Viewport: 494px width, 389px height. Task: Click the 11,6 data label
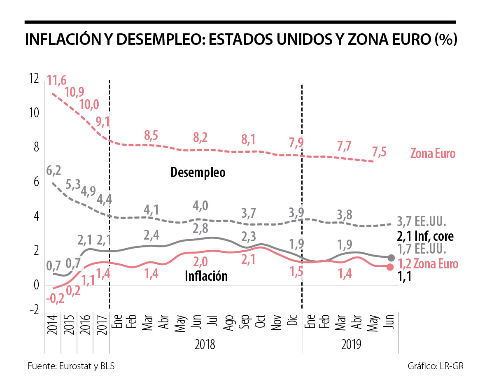pyautogui.click(x=56, y=80)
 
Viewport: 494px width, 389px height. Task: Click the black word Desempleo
pyautogui.click(x=198, y=172)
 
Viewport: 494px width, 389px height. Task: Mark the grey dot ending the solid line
pyautogui.click(x=391, y=258)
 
